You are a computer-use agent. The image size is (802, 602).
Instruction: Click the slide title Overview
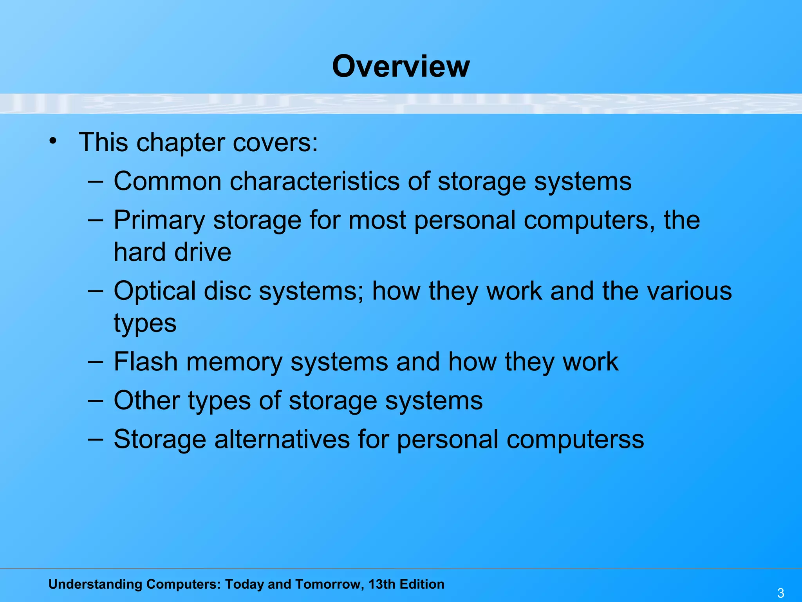(x=401, y=66)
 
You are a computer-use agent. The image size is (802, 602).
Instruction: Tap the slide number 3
(x=780, y=593)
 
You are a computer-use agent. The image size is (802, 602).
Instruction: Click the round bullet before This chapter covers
(x=53, y=141)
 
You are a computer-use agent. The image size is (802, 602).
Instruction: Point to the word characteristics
(x=314, y=181)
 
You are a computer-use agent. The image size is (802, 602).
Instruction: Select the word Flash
(x=146, y=361)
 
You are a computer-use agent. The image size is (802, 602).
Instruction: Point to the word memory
(x=234, y=362)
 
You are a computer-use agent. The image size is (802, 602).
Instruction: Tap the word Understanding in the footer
(x=95, y=584)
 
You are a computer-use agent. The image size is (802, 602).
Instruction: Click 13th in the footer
(x=382, y=584)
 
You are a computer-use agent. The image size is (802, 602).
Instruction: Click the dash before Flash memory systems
(x=95, y=361)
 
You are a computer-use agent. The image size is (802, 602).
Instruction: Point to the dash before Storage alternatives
(x=95, y=439)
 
